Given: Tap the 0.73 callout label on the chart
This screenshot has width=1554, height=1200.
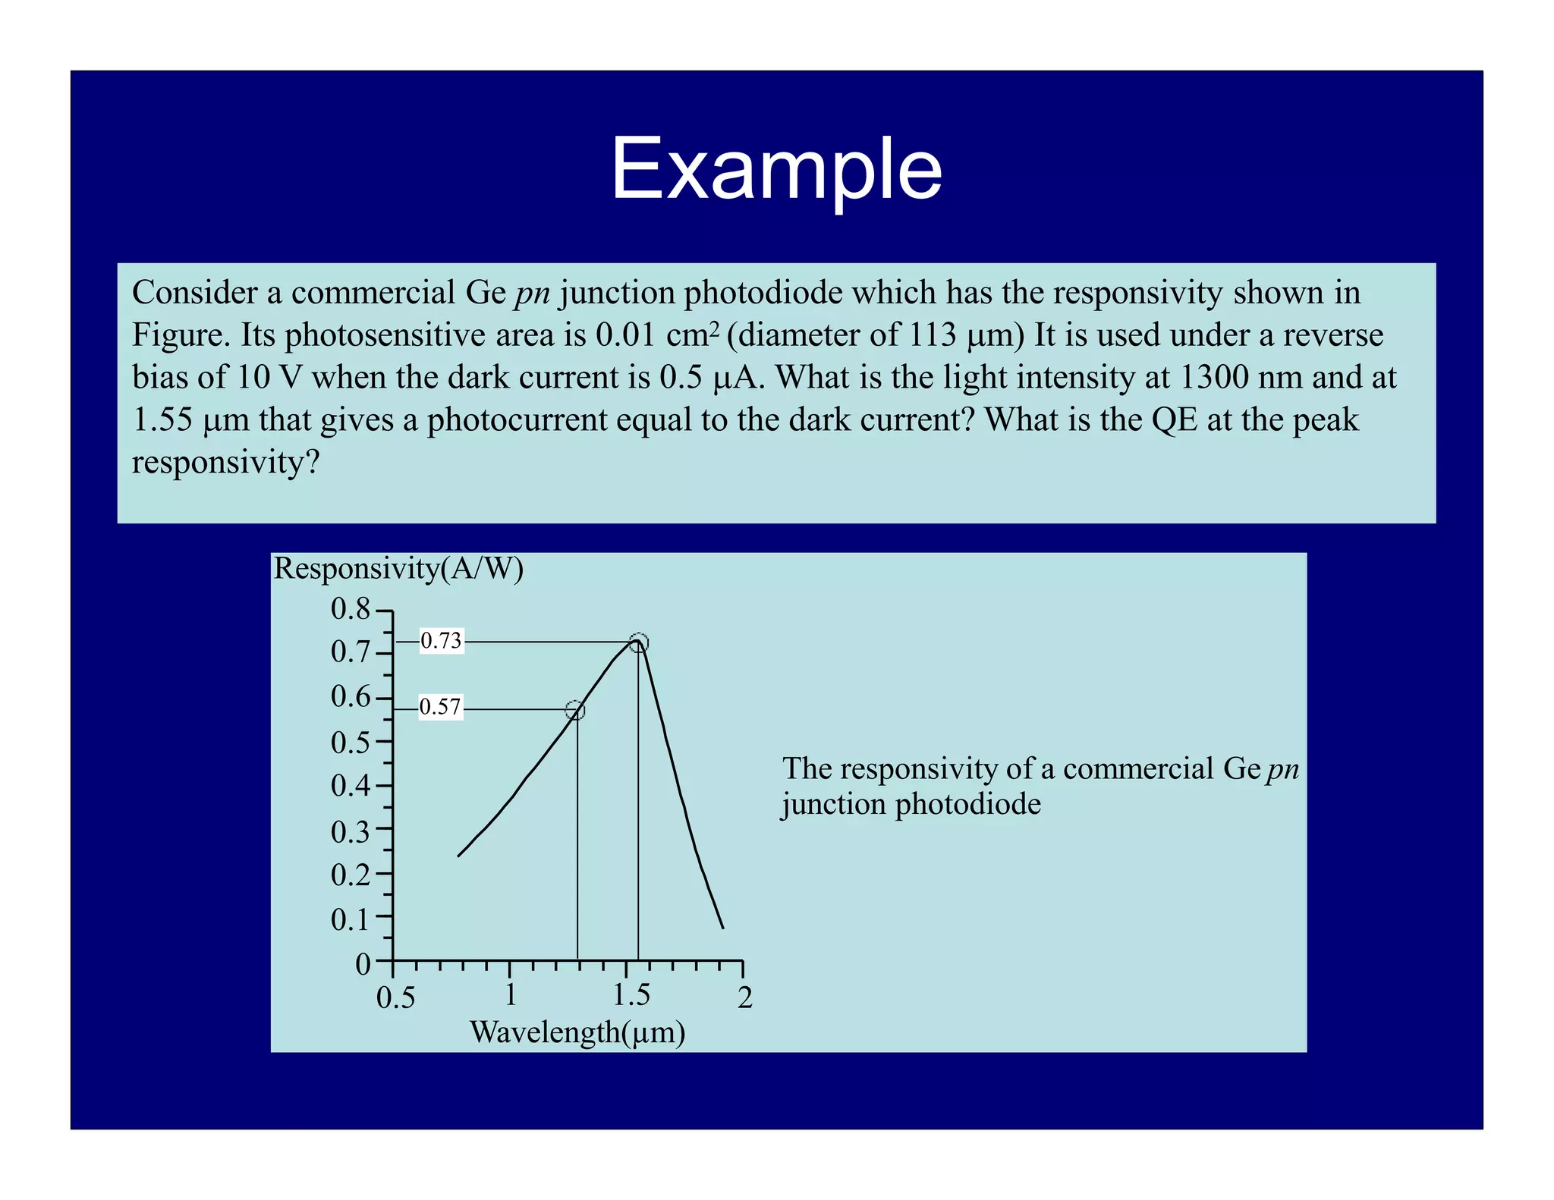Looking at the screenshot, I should (441, 642).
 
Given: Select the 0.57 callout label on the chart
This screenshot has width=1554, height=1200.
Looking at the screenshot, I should (440, 708).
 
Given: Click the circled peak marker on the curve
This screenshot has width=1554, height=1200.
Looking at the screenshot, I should (639, 643).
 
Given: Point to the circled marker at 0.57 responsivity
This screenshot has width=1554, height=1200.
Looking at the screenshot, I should (575, 711).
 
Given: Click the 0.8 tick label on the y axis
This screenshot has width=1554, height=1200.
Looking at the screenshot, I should (350, 609).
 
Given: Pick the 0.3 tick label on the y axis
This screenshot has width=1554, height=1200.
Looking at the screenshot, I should (350, 832).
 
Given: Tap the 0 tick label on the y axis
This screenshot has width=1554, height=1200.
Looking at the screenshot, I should (363, 965).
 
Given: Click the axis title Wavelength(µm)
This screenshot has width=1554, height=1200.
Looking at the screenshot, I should (577, 1032).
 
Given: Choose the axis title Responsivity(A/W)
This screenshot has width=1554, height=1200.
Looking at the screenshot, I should (398, 569).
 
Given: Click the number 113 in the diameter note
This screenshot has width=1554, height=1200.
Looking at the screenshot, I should (933, 335).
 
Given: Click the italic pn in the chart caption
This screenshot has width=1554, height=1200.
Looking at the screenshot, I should (1283, 770).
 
